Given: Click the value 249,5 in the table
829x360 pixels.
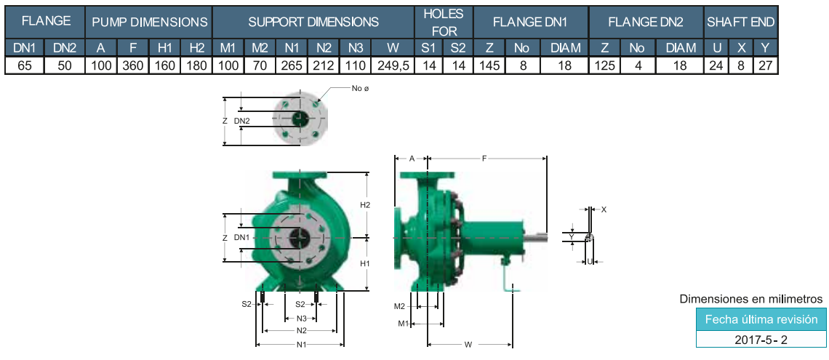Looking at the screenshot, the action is pos(392,65).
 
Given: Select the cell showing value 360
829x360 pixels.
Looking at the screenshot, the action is pos(132,65).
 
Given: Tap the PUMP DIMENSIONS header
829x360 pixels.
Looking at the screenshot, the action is pos(149,23).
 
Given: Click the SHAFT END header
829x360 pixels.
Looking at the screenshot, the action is pos(740,23).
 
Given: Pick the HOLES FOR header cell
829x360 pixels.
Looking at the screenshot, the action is pos(444,23).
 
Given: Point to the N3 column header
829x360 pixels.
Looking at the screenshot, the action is pos(356,48).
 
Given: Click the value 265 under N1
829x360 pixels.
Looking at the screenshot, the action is pos(292,65).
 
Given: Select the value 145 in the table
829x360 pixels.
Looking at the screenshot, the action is pos(489,65).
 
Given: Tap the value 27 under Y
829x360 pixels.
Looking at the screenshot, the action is pos(764,65).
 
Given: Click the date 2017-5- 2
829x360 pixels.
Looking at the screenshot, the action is pos(761,340).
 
